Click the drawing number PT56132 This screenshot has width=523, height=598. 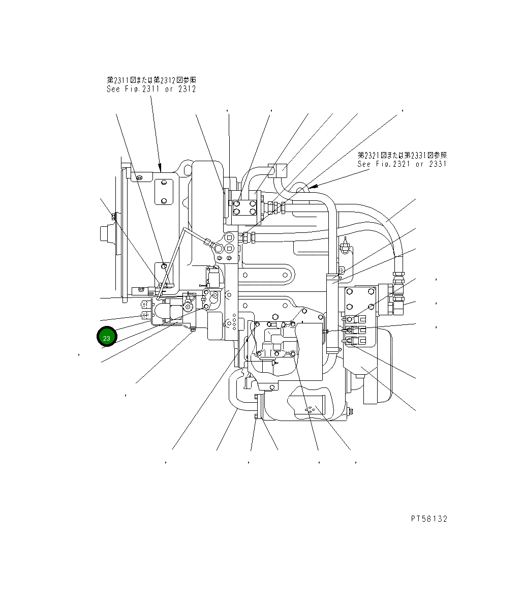tap(429, 519)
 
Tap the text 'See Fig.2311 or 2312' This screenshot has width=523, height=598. tap(151, 89)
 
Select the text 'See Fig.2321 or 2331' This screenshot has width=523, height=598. tap(402, 164)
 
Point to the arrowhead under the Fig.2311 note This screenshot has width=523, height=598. tap(160, 168)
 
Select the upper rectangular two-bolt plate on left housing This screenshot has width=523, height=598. tap(164, 191)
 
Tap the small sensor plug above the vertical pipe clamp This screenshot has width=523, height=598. tap(345, 247)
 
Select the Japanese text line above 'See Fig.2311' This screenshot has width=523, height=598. tap(151, 80)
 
